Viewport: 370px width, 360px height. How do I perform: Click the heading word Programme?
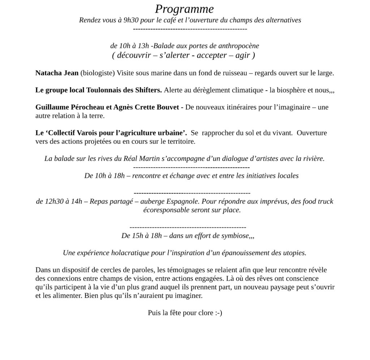[184, 9]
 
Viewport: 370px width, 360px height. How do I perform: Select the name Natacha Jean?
[57, 73]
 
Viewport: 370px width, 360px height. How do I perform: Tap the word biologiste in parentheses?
[98, 73]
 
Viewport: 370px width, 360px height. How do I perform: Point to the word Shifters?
[149, 90]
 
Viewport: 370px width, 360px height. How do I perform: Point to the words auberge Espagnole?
[168, 201]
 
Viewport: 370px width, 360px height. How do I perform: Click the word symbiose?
[235, 236]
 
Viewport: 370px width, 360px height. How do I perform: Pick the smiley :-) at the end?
[218, 313]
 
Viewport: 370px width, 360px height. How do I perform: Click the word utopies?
[293, 253]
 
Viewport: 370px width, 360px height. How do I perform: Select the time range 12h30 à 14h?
[59, 201]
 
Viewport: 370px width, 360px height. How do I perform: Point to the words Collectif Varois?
[75, 133]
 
